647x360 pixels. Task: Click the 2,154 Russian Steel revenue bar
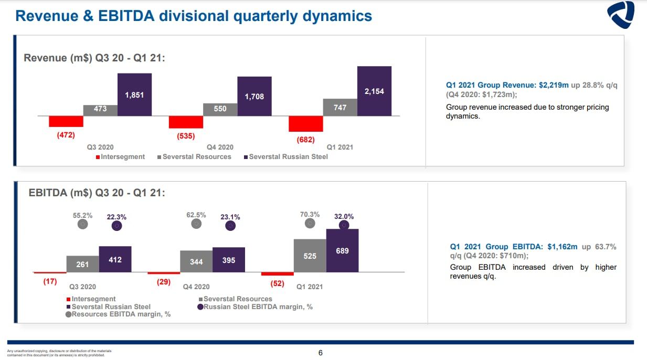(374, 91)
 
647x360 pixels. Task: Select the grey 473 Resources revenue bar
(100, 110)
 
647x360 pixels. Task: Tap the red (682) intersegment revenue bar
(305, 124)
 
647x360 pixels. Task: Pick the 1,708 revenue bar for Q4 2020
(254, 96)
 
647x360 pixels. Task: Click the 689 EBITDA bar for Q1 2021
(342, 250)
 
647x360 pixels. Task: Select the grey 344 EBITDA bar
(196, 261)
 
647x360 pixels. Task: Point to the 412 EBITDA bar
(115, 259)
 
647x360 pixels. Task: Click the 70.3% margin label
(310, 214)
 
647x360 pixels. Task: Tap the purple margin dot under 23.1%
(230, 226)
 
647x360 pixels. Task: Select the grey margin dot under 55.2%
(82, 224)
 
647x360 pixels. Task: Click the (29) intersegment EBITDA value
(164, 282)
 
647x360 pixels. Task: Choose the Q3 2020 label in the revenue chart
(100, 147)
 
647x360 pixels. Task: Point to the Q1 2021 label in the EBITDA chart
(310, 287)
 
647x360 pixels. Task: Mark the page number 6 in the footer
(321, 353)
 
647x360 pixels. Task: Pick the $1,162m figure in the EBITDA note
(563, 246)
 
